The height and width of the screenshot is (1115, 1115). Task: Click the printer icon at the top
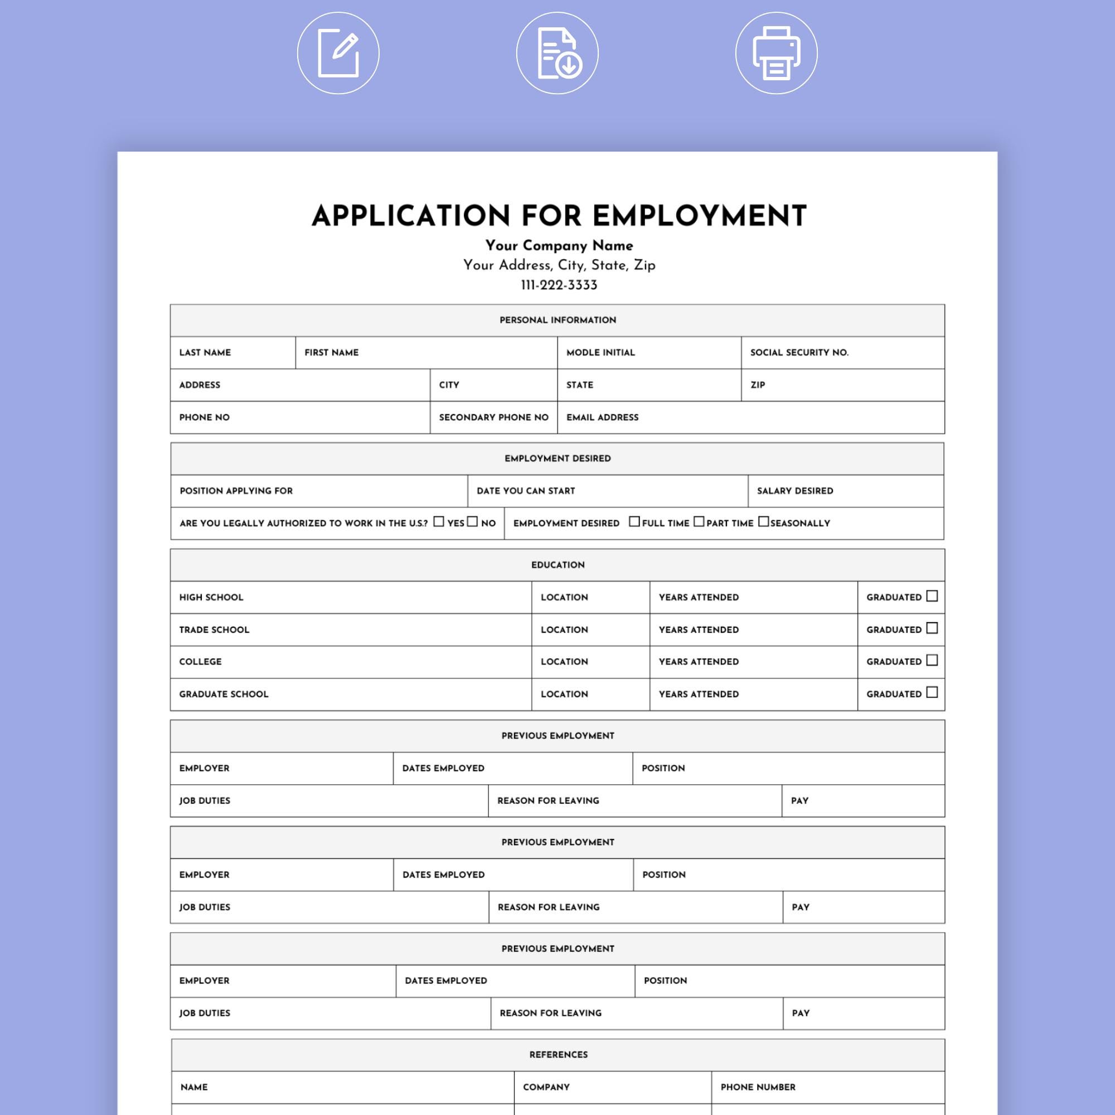[776, 53]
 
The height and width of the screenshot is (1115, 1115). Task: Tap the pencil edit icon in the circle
[338, 53]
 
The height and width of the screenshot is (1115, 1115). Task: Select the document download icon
[557, 53]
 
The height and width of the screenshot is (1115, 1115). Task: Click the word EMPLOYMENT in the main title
[699, 216]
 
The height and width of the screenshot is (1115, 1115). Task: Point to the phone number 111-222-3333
[559, 285]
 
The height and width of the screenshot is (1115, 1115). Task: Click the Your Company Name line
[559, 245]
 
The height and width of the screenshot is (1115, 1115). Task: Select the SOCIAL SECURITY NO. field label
[799, 353]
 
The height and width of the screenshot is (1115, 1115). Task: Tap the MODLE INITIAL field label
[600, 353]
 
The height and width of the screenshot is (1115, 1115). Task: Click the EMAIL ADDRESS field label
[602, 417]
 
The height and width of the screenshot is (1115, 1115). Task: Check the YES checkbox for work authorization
[439, 522]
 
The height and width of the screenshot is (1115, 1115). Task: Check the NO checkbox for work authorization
[473, 522]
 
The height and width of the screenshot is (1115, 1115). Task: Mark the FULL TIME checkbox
[634, 522]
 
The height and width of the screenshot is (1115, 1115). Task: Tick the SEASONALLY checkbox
[763, 522]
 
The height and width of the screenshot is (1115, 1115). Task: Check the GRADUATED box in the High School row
[932, 596]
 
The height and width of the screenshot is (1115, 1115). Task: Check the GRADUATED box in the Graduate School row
[932, 692]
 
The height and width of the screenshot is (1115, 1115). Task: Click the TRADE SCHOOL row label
[214, 629]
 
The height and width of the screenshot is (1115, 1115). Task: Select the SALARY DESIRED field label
[794, 491]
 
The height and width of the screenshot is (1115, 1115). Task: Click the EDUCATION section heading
[557, 565]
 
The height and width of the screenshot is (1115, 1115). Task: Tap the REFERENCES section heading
[558, 1054]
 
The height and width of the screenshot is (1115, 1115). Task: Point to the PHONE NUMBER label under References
[758, 1087]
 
